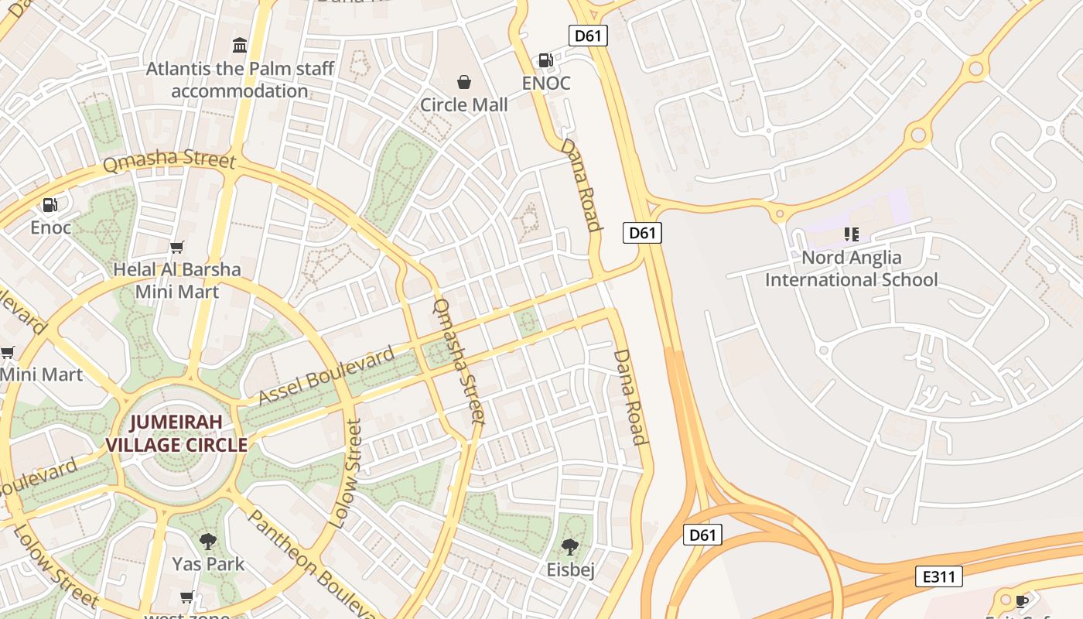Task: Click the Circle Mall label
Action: coord(463,104)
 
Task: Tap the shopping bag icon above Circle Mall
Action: coord(464,82)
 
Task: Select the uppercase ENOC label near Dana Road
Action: coord(546,83)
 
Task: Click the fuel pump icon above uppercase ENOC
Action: coord(545,60)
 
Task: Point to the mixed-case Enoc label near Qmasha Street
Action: coord(51,227)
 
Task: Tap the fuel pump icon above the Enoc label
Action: coord(50,205)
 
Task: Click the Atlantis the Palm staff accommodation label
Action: coord(240,80)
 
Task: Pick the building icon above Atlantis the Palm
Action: coord(240,46)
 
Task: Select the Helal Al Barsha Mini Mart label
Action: coord(177,280)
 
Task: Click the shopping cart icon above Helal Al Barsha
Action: coord(177,247)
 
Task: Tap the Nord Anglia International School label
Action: coord(851,268)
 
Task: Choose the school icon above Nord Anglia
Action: coord(852,234)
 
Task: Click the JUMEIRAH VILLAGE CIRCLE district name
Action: coord(176,433)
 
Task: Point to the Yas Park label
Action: coord(208,563)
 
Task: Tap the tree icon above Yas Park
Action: coord(207,541)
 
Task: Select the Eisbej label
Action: coord(571,570)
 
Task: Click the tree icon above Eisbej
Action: coord(570,547)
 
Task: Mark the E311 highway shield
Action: coord(939,576)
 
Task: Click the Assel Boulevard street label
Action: coord(326,377)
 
